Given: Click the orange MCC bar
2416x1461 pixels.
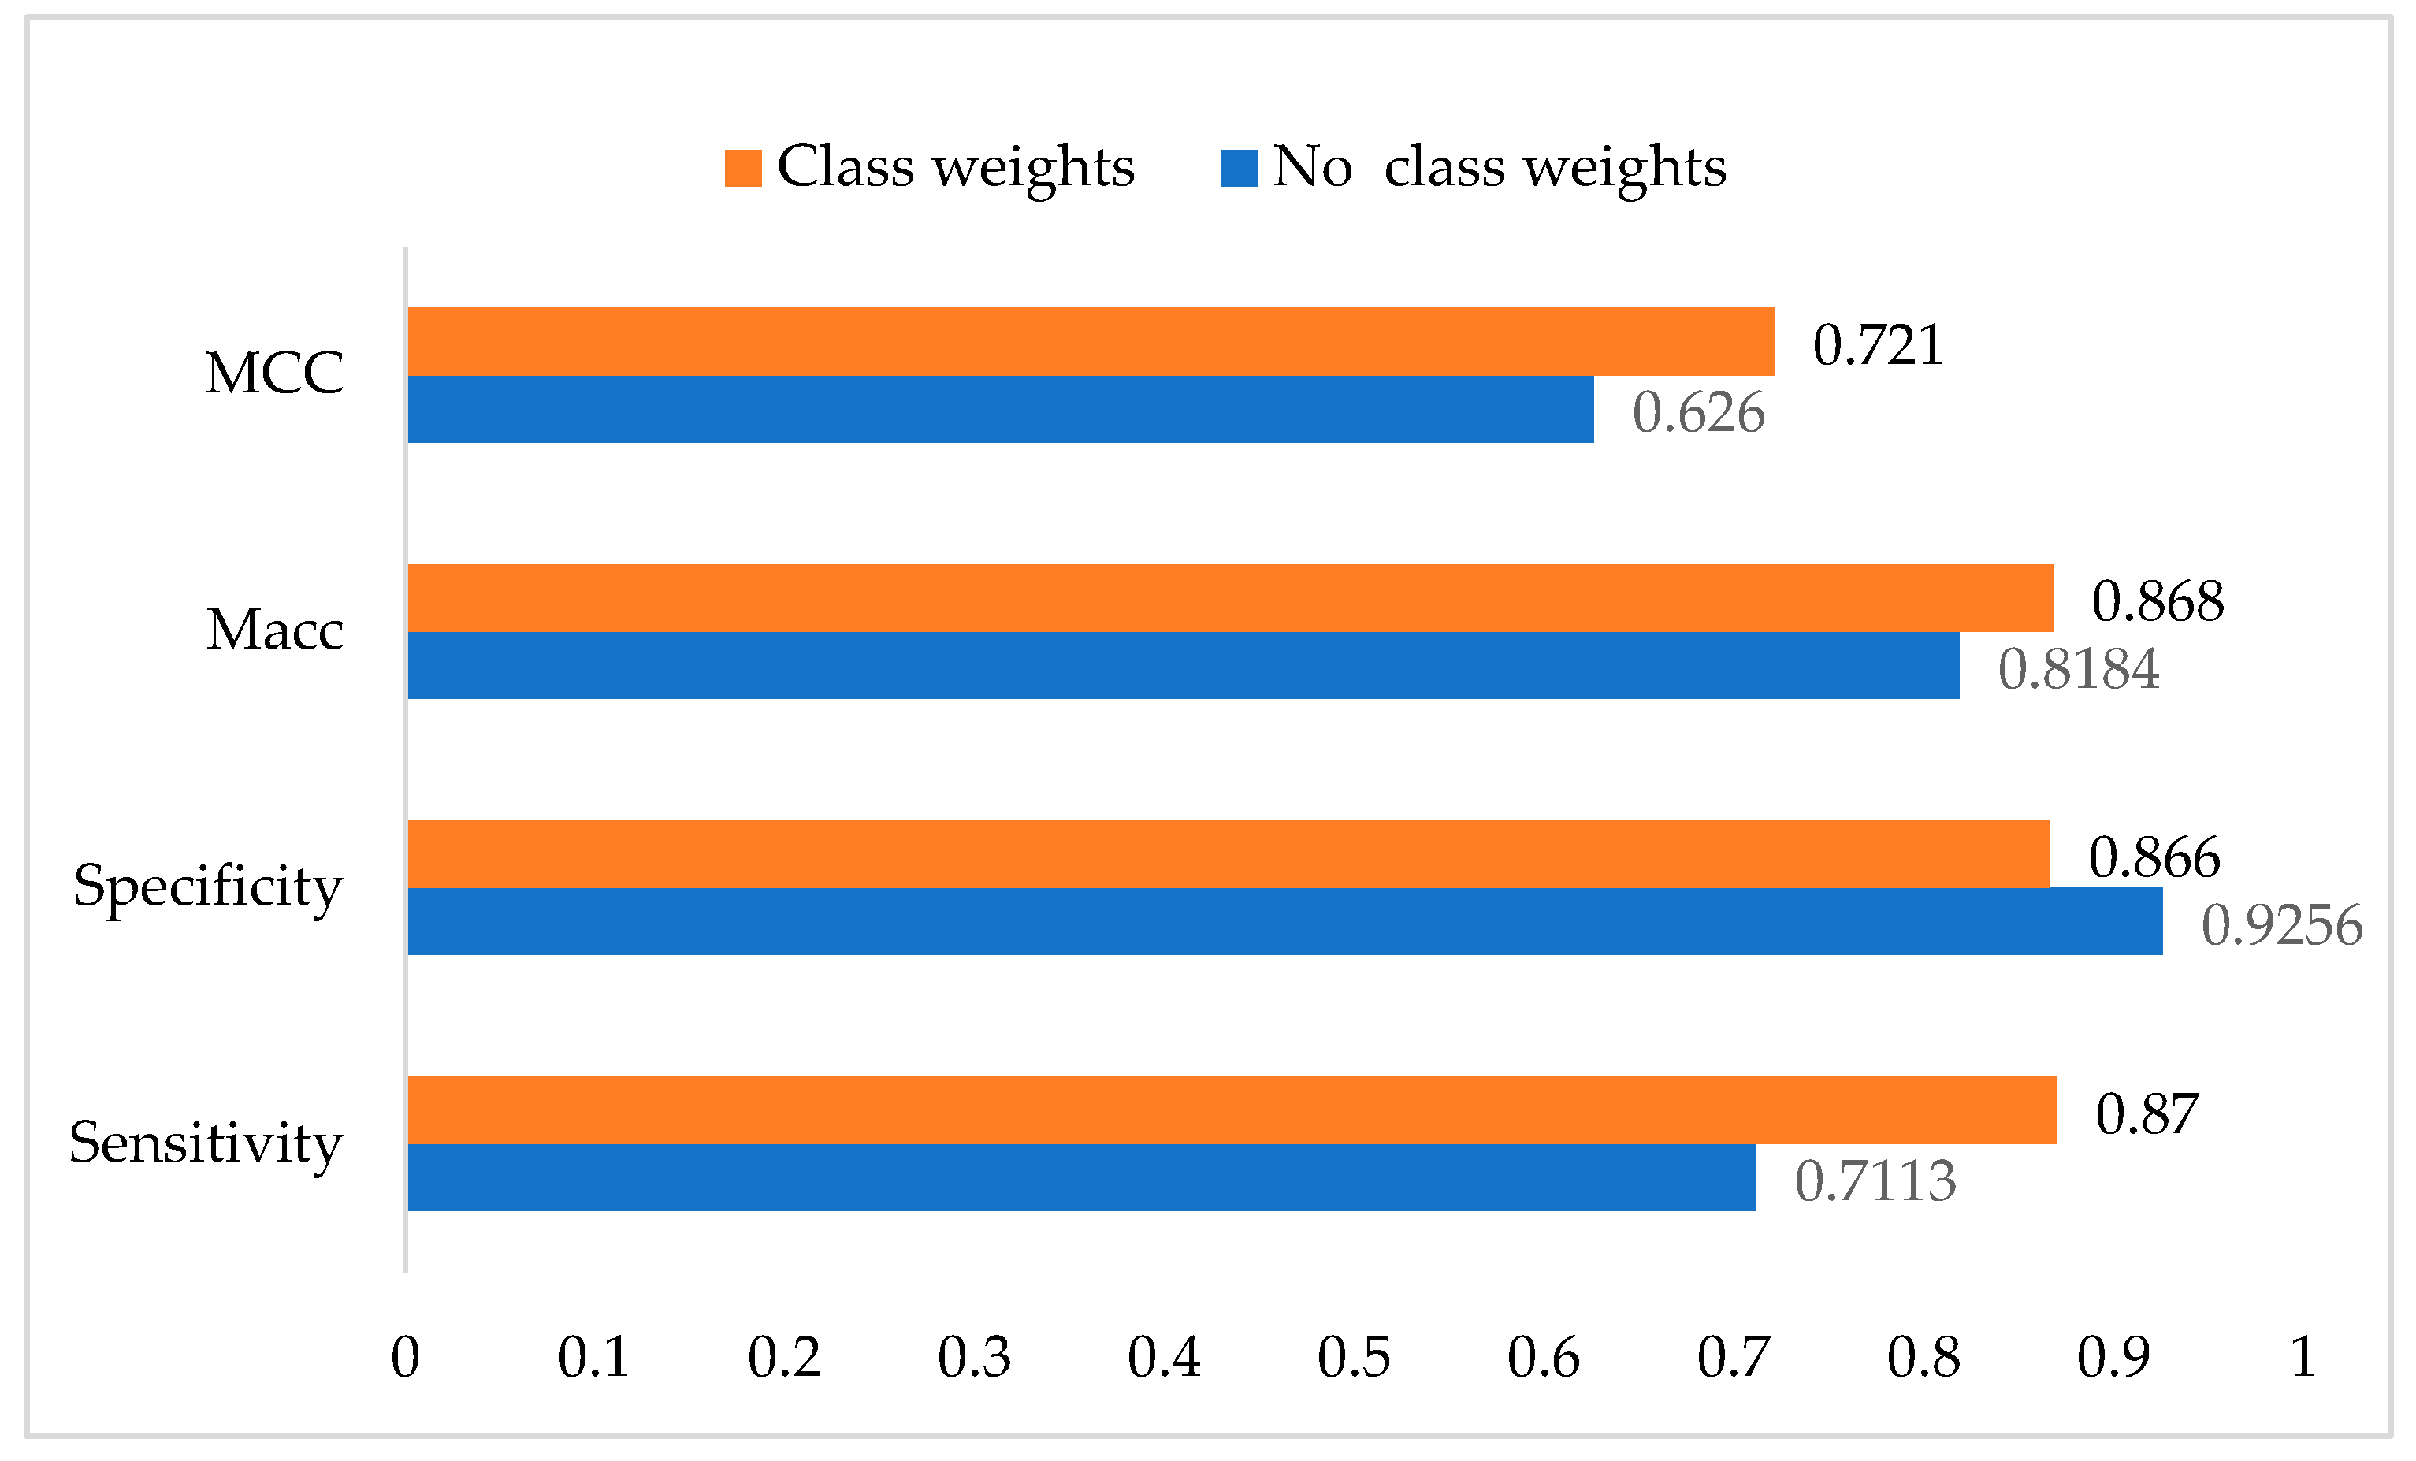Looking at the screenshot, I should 1091,341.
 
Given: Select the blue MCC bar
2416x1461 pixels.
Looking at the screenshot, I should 1000,409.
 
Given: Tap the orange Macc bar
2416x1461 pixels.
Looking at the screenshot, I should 1229,597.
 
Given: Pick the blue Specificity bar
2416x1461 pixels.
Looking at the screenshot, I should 1284,920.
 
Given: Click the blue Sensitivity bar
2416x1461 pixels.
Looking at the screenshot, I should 1081,1177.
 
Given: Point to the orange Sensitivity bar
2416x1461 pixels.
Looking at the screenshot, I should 1232,1110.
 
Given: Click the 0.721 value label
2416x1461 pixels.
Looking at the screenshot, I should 1877,345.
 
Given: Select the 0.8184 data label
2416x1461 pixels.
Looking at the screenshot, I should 2078,669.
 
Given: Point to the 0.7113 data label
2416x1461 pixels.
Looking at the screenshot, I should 1875,1180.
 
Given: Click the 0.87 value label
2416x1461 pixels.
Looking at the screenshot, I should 2147,1114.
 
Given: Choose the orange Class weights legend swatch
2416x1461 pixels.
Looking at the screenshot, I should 742,168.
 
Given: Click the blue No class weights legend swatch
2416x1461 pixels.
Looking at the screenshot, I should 1239,168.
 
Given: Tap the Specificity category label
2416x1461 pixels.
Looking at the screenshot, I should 208,887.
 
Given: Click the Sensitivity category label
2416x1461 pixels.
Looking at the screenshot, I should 206,1143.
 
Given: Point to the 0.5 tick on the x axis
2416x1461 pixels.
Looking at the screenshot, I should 1353,1357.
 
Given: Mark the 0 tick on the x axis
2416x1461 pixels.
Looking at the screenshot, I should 405,1357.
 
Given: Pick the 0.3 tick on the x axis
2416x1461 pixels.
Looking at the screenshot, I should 974,1357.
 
